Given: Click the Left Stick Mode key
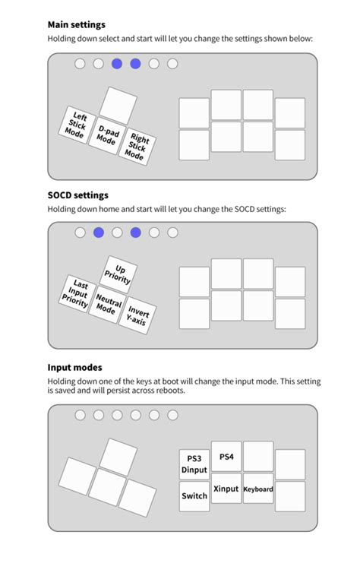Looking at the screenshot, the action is point(77,125).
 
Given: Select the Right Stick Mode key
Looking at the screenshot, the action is point(137,146).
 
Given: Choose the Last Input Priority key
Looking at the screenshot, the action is point(77,294).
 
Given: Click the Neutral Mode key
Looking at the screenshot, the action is point(107,304).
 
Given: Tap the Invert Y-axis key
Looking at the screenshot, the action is point(137,315).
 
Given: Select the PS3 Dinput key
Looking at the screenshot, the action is point(194,464).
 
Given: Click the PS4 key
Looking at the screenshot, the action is point(226,457).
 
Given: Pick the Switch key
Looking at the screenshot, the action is point(194,496).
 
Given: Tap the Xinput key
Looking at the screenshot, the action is point(226,489).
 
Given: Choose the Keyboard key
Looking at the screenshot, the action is point(258,489).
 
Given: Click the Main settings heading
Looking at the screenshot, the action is point(77,25).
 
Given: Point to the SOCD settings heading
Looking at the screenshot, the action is point(77,195).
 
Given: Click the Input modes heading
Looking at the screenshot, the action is point(75,368).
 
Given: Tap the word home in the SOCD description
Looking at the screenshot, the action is point(109,210).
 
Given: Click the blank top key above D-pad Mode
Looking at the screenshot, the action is point(118,106).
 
